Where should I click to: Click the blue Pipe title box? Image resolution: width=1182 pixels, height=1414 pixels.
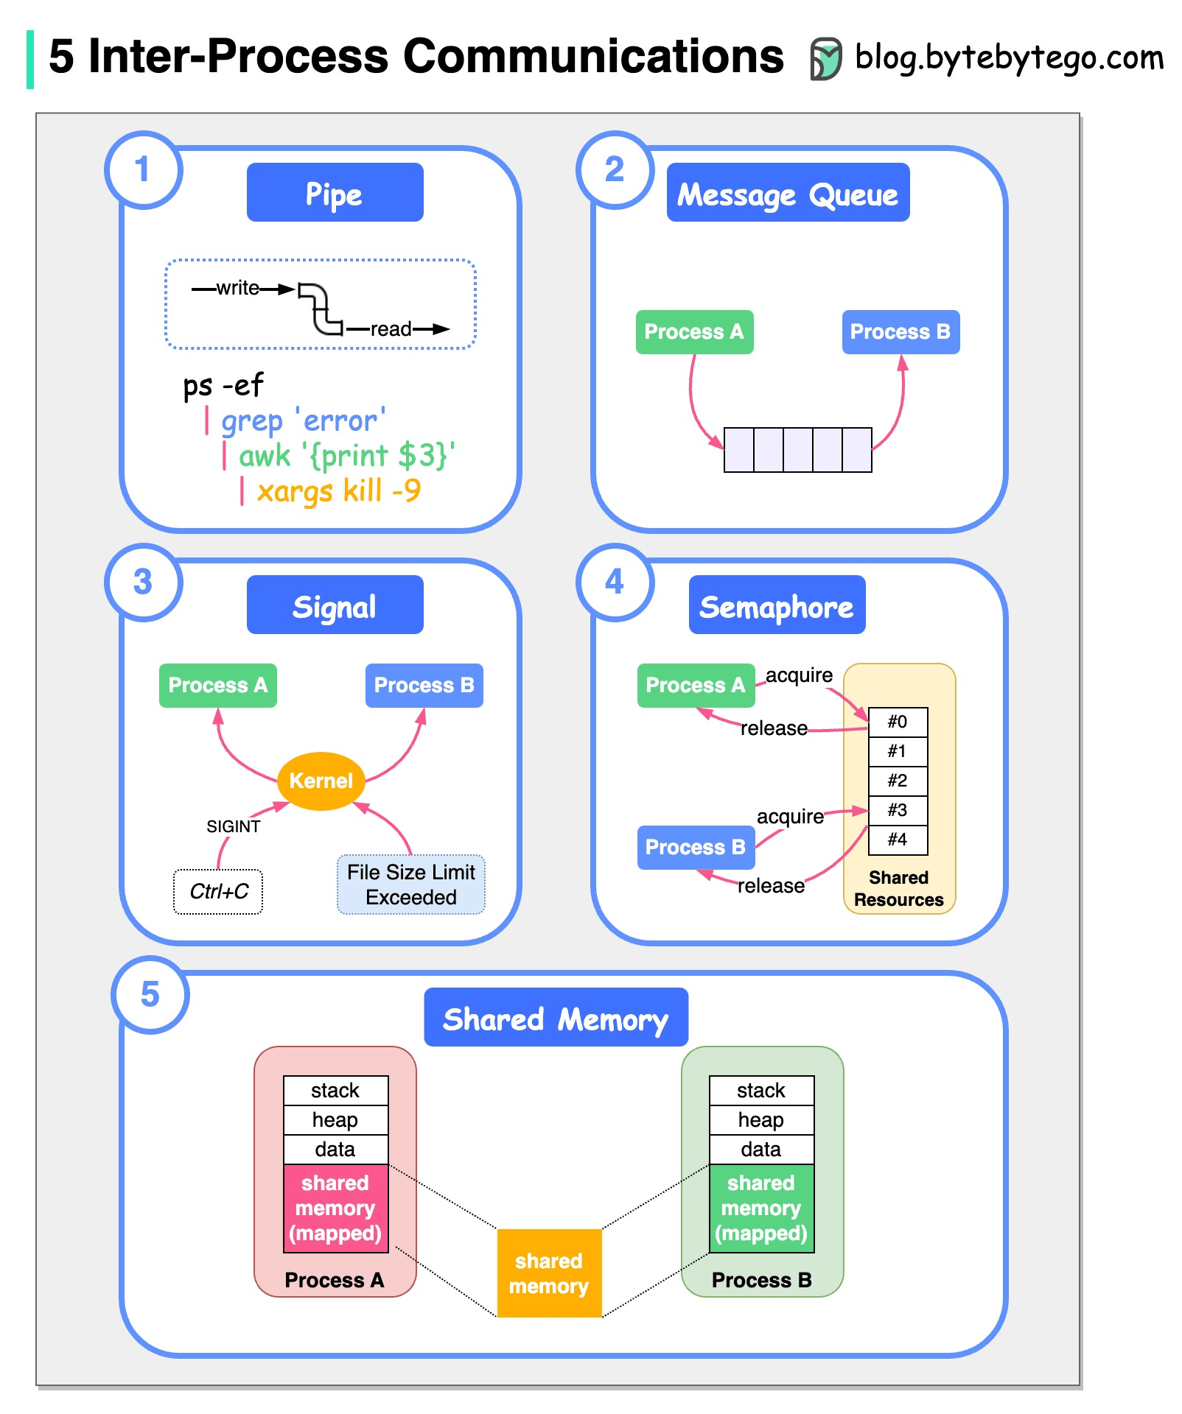click(335, 192)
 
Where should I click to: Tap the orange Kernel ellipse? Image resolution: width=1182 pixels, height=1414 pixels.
click(321, 781)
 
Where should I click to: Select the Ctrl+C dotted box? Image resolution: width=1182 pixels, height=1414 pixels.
click(218, 892)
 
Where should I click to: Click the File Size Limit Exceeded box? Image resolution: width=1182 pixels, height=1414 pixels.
click(410, 884)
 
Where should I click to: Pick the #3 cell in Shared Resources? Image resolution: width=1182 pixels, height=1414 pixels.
click(898, 810)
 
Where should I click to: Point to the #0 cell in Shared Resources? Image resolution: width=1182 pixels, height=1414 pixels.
click(898, 722)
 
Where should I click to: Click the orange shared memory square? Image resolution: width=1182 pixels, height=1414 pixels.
click(549, 1273)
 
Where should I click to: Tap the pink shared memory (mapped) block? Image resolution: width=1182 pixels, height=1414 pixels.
click(335, 1208)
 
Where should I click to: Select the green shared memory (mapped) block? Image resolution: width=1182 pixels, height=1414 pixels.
click(761, 1208)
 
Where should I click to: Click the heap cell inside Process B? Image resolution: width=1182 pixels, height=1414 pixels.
click(761, 1120)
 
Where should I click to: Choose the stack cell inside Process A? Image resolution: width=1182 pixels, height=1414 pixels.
click(335, 1091)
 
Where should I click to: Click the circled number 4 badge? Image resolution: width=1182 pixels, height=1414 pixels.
click(615, 582)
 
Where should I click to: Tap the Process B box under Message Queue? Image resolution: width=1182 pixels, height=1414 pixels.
click(901, 331)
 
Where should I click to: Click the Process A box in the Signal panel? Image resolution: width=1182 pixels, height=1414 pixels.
click(218, 685)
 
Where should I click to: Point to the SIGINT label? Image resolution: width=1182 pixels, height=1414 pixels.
click(233, 826)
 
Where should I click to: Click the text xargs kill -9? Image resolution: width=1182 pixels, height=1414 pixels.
click(338, 490)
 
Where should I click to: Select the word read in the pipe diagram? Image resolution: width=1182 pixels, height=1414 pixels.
click(391, 329)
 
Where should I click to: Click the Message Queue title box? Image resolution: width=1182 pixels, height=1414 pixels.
click(788, 192)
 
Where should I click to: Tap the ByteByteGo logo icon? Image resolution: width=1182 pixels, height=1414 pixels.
click(825, 58)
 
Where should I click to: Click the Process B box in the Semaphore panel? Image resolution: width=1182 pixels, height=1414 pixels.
click(696, 847)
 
